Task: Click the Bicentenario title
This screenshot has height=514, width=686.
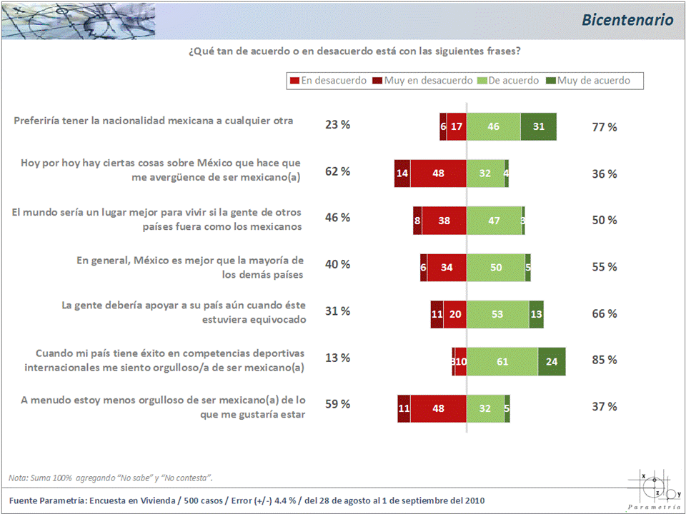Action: click(x=627, y=20)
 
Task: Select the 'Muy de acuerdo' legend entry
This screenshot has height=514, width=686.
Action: click(x=593, y=81)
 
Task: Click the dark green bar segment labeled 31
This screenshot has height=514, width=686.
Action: click(x=538, y=126)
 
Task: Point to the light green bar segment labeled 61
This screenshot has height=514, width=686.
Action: click(x=502, y=361)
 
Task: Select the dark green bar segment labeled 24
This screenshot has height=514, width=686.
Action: click(x=552, y=361)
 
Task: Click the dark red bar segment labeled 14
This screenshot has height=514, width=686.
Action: click(x=402, y=173)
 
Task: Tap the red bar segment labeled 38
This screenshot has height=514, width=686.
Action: click(x=444, y=221)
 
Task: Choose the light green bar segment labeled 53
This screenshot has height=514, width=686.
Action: click(x=497, y=314)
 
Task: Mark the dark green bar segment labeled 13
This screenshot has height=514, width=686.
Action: click(x=536, y=314)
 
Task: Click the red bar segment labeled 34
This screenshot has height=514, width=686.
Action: click(x=447, y=267)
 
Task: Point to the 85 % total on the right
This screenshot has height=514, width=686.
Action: click(x=605, y=360)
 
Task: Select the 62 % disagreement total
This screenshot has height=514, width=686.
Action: click(x=337, y=171)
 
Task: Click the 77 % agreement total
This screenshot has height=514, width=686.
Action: click(x=605, y=127)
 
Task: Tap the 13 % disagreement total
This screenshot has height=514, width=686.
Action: click(x=337, y=358)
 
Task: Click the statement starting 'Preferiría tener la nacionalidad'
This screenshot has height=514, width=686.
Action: click(x=154, y=121)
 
